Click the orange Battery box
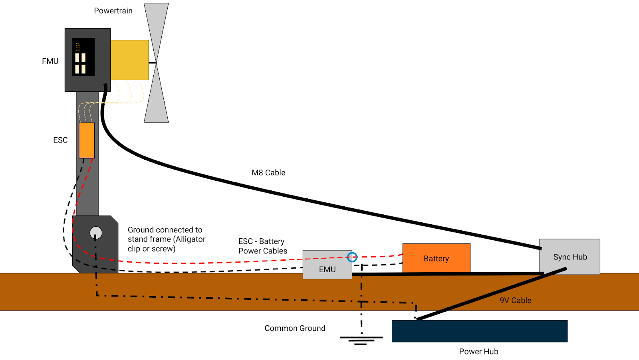(436, 258)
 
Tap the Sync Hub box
(570, 257)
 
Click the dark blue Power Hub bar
(479, 331)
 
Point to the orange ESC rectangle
(87, 140)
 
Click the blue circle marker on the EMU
(352, 257)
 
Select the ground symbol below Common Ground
(361, 340)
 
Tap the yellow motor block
(129, 60)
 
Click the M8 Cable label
(268, 172)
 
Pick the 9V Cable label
(515, 300)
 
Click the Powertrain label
(113, 11)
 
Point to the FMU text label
(50, 61)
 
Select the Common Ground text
(295, 328)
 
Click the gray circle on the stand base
(96, 232)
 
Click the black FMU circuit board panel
(83, 57)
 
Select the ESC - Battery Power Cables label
(263, 246)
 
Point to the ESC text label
(60, 140)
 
